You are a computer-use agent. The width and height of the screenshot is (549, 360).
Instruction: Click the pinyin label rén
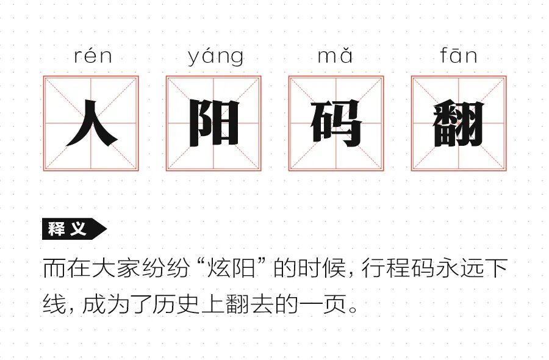pyautogui.click(x=93, y=57)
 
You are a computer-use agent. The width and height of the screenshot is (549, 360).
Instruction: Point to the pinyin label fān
pyautogui.click(x=458, y=56)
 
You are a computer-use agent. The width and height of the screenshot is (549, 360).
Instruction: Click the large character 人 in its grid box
pyautogui.click(x=91, y=123)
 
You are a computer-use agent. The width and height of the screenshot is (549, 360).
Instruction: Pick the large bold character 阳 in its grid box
pyautogui.click(x=213, y=123)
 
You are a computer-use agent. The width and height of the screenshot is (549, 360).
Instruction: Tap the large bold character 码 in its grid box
pyautogui.click(x=336, y=123)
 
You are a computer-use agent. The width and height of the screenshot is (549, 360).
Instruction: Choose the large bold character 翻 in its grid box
pyautogui.click(x=459, y=123)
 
